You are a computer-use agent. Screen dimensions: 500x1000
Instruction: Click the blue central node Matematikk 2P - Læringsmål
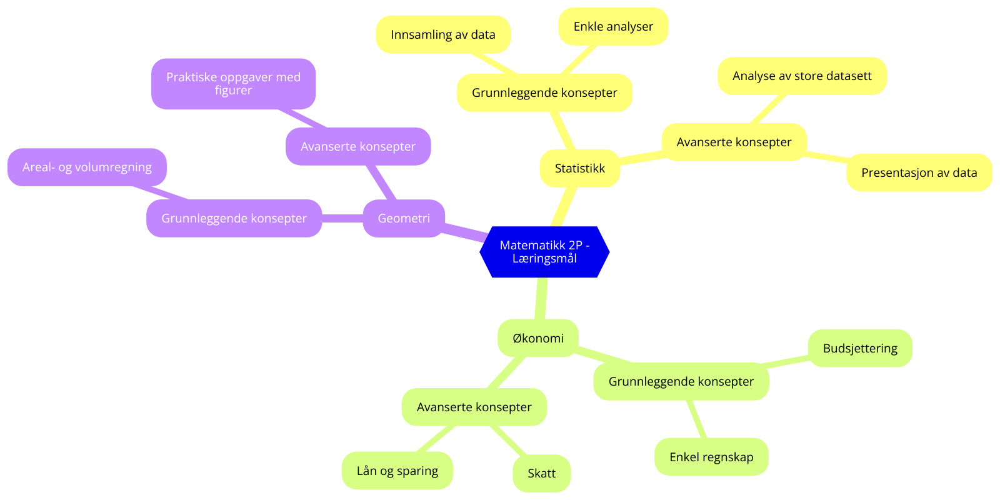[544, 252]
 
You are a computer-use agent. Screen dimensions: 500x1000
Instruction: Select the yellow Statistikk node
[579, 168]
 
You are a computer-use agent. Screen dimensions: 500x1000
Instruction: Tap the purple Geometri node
[404, 218]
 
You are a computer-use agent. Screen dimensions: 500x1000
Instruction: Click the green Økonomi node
[537, 338]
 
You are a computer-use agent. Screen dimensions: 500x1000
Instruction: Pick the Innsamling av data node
[443, 34]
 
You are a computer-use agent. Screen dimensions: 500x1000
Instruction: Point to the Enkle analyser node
[613, 26]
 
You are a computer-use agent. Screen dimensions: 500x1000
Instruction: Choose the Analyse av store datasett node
[802, 76]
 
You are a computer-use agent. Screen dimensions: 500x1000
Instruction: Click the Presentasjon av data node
[919, 172]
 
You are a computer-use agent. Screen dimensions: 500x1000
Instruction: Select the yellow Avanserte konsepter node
[734, 142]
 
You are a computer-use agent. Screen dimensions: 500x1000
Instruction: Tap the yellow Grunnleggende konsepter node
[544, 92]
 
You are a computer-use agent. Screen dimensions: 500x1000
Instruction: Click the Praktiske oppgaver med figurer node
[233, 84]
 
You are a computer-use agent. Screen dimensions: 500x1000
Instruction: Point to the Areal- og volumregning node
[87, 167]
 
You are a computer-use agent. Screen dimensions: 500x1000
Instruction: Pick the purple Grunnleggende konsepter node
[234, 218]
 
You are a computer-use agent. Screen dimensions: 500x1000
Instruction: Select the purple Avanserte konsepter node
[358, 146]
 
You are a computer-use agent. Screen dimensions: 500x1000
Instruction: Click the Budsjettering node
[860, 348]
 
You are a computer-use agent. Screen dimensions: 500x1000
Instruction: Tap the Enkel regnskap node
[711, 457]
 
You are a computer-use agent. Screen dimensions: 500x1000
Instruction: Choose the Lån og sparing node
[397, 471]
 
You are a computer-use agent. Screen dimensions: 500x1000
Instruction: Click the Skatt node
[541, 473]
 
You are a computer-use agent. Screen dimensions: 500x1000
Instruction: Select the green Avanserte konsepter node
[474, 407]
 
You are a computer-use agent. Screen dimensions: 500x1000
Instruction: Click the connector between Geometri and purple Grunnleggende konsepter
[342, 218]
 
